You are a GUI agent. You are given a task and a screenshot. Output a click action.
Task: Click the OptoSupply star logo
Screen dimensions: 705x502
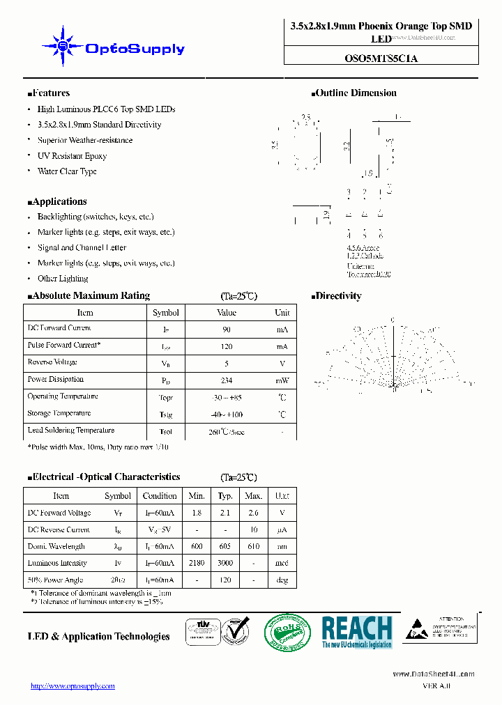click(63, 47)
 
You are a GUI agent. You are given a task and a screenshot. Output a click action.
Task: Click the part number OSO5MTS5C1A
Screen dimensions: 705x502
click(381, 59)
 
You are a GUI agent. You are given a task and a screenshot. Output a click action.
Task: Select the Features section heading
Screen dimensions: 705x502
click(49, 93)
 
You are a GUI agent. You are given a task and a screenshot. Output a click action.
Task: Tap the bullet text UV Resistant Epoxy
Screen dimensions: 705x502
click(72, 156)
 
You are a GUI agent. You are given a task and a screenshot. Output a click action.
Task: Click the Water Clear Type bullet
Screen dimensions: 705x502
click(67, 171)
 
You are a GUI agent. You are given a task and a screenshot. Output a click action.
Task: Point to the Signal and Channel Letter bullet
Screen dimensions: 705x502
click(82, 248)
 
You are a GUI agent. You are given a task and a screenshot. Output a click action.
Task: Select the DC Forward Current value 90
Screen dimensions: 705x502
click(227, 329)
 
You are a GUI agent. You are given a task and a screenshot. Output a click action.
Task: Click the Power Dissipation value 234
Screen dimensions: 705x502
click(227, 380)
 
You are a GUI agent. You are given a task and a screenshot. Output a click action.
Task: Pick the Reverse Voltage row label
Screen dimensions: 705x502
click(52, 362)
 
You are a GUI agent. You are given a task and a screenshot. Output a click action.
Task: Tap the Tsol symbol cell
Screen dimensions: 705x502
click(166, 432)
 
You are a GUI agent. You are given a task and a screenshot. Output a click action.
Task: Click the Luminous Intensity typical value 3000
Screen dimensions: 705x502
click(225, 564)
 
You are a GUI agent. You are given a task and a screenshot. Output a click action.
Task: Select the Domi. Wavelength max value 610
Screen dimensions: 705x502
click(253, 547)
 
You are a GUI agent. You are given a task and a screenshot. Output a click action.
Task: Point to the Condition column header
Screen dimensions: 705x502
click(160, 496)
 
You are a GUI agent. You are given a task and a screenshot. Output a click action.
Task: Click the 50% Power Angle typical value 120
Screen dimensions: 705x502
click(225, 580)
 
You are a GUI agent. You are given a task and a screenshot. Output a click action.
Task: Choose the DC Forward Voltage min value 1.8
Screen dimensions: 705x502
click(197, 513)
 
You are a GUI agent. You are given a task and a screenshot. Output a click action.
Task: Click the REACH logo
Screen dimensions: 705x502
click(357, 633)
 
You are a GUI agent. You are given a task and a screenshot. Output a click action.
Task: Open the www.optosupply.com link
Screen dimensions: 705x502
click(73, 686)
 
